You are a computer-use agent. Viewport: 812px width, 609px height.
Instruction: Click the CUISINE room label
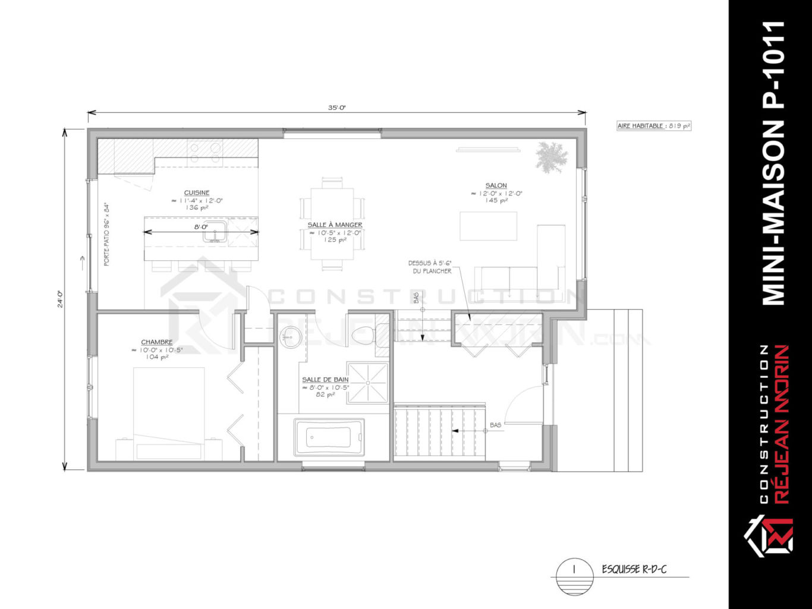[x=196, y=193]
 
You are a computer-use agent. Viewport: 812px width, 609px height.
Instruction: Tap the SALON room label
[x=496, y=185]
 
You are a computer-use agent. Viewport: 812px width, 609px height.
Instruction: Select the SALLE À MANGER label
[x=335, y=225]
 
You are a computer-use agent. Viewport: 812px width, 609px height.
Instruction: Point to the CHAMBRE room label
[x=157, y=342]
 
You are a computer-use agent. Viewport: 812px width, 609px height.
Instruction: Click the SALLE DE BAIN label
[x=325, y=380]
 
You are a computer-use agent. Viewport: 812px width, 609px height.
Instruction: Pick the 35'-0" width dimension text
[x=336, y=108]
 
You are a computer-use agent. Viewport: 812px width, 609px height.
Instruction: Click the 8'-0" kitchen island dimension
[x=200, y=226]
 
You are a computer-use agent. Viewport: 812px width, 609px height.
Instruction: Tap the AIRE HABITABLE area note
[x=654, y=126]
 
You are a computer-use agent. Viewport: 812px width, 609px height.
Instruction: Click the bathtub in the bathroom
[x=329, y=437]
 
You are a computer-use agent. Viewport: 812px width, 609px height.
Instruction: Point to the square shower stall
[x=367, y=383]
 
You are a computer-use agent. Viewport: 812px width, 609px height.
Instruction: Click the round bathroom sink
[x=290, y=337]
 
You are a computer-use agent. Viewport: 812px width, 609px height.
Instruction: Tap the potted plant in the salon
[x=551, y=157]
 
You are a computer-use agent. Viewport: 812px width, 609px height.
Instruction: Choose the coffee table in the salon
[x=488, y=226]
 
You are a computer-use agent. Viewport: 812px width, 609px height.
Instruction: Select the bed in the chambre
[x=169, y=413]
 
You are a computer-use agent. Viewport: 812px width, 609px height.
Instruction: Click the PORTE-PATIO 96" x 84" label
[x=107, y=235]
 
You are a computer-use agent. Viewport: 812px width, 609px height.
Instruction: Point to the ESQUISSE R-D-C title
[x=634, y=569]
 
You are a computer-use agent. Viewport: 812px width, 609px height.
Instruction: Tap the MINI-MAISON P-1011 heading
[x=773, y=163]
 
